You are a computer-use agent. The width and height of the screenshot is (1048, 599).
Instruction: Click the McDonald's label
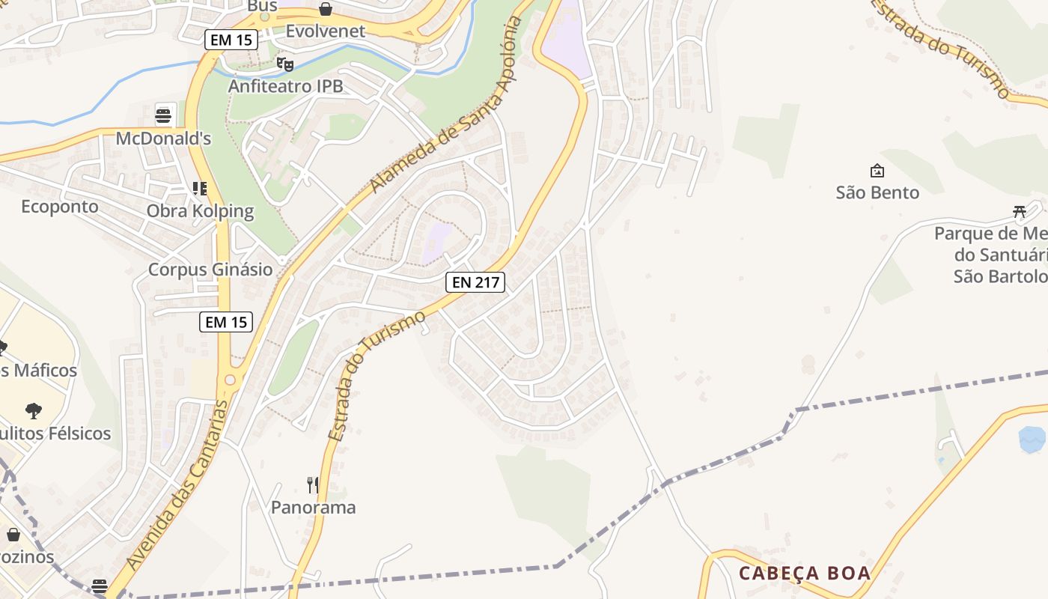(163, 139)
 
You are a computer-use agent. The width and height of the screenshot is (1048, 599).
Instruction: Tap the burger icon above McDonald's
(163, 115)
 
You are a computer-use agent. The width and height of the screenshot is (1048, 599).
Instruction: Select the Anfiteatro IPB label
(285, 86)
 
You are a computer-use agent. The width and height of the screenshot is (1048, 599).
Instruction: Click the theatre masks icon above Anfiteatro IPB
(284, 64)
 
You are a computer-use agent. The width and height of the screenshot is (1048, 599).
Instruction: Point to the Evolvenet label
(326, 31)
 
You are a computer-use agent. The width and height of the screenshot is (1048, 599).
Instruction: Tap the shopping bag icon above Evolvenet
(326, 9)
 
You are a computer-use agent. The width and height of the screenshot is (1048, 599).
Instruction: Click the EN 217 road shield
(475, 282)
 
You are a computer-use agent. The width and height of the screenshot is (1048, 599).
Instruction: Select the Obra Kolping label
(200, 211)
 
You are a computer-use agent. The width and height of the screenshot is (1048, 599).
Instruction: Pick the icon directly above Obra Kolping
(199, 189)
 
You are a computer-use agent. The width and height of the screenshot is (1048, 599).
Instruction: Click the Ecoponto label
(60, 206)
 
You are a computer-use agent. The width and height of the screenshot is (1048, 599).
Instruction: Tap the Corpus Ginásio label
(210, 270)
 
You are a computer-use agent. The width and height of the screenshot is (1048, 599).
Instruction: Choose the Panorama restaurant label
(313, 508)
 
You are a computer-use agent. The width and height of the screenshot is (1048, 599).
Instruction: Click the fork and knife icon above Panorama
(313, 485)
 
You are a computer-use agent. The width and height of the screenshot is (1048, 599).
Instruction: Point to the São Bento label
(877, 192)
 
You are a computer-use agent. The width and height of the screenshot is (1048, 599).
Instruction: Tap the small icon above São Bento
(877, 171)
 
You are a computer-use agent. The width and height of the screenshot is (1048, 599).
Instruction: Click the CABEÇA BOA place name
(805, 574)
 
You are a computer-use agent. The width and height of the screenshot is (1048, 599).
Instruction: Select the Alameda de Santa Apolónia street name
(446, 104)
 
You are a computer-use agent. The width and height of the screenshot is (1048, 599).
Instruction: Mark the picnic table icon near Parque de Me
(1020, 211)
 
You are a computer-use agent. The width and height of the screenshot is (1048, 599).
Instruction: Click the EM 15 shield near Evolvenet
(231, 40)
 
